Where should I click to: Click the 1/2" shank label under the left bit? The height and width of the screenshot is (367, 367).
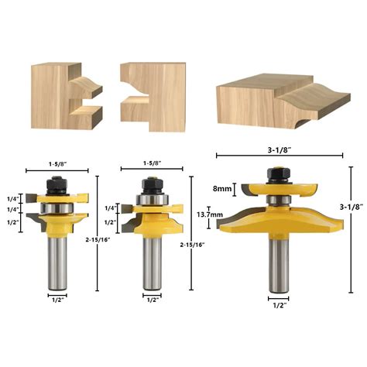[58, 298]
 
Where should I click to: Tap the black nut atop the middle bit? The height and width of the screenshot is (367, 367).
[150, 185]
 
